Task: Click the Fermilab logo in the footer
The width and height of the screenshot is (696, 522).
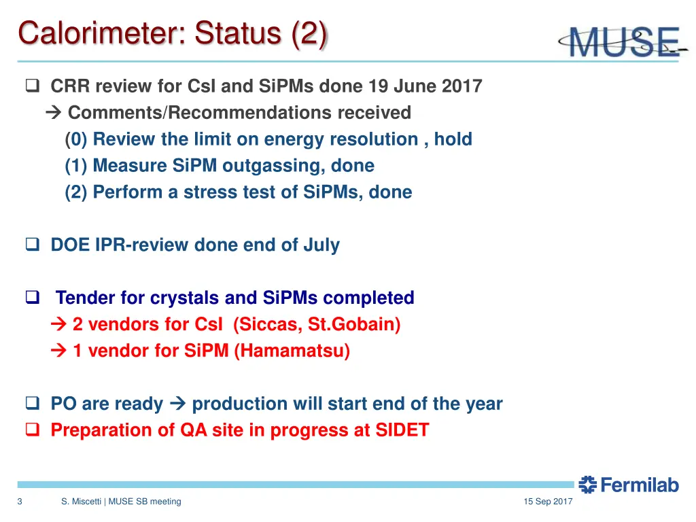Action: (629, 485)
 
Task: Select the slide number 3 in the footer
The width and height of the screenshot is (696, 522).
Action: (20, 502)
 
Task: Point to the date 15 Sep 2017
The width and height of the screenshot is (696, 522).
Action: (548, 502)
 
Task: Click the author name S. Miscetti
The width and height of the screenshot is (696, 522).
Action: (81, 502)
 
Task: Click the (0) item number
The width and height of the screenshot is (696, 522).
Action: (76, 139)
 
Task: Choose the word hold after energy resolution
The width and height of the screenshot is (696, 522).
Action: (453, 139)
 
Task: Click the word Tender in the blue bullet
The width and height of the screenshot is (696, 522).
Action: (85, 298)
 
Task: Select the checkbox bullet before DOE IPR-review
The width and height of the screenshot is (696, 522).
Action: (33, 245)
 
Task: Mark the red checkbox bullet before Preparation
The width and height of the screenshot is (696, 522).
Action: (33, 431)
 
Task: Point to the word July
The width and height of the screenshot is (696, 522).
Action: (321, 245)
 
